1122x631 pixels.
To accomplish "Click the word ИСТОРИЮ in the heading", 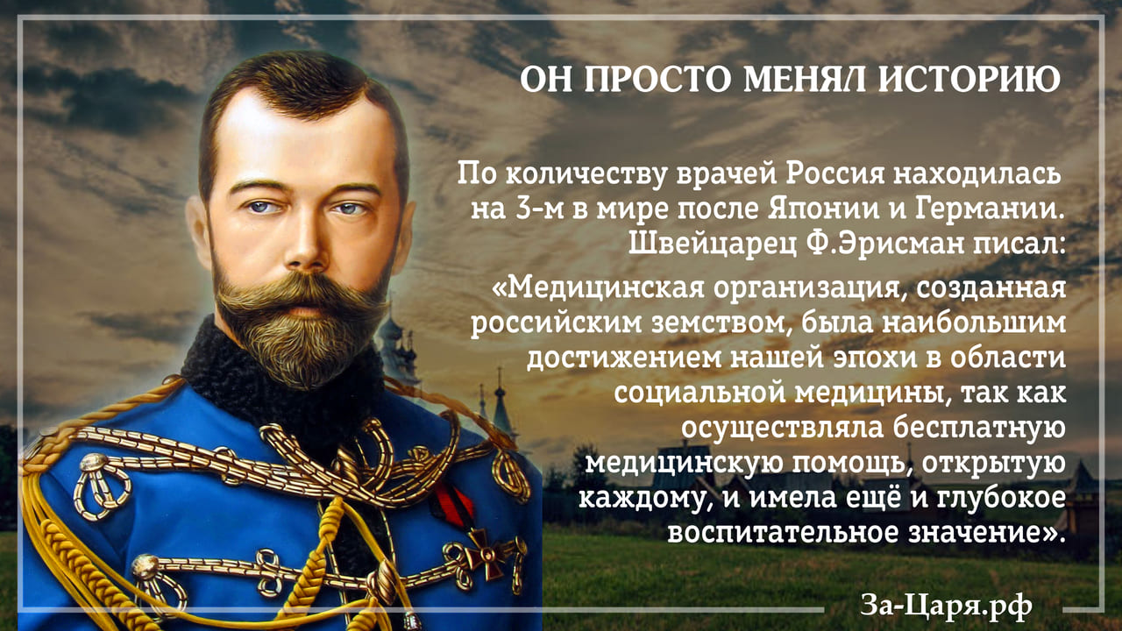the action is pos(969,79).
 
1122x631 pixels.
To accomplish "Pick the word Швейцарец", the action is pos(712,245).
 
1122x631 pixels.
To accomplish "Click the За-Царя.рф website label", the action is pos(946,606).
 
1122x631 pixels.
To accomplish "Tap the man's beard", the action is pos(301,325).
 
